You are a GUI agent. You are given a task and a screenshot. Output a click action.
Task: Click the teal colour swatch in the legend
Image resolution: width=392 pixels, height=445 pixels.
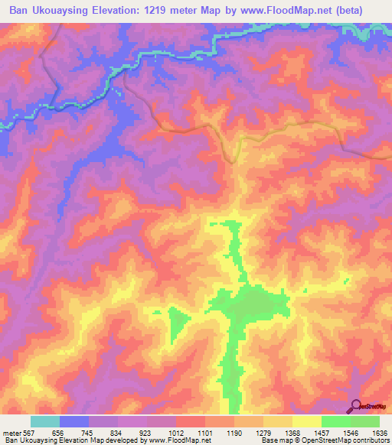pos(45,421)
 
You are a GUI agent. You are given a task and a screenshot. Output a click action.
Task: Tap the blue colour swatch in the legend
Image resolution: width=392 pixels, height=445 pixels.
pos(74,421)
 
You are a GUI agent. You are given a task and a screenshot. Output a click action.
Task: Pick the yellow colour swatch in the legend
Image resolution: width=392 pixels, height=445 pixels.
pos(307,421)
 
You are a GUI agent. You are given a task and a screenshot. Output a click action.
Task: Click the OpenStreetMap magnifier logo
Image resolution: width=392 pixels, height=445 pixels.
pos(356,406)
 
